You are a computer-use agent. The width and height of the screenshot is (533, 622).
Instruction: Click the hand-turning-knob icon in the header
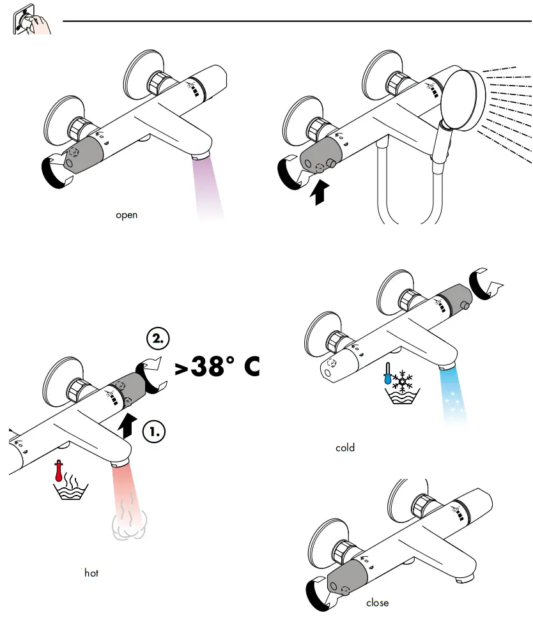[x=31, y=22]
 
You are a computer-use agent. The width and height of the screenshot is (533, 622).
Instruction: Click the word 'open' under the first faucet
[x=127, y=215]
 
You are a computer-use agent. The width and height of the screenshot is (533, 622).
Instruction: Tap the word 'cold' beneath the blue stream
[x=345, y=448]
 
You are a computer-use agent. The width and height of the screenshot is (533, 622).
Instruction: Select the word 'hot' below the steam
[x=91, y=573]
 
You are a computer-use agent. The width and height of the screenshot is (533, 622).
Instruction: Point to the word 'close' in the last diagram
[x=377, y=602]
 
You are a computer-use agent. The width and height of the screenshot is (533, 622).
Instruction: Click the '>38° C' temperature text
[x=216, y=368]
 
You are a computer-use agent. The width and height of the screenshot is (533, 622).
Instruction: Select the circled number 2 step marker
[x=158, y=338]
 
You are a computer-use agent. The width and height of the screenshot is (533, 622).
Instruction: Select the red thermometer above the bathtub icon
[x=59, y=471]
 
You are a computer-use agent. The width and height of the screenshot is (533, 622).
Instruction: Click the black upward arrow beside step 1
[x=128, y=425]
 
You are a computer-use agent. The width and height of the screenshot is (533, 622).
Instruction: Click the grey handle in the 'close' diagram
[x=346, y=580]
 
